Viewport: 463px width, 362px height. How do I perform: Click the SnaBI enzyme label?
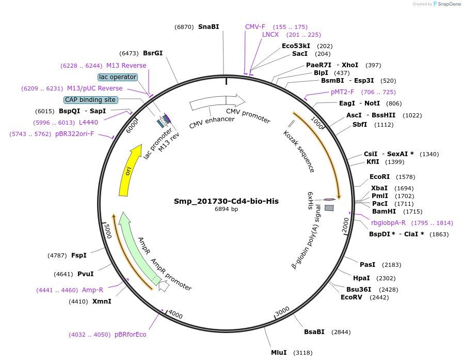[x=209, y=27]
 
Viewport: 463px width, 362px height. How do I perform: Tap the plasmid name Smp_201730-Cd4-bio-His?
[x=226, y=201]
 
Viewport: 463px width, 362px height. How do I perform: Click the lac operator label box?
[x=118, y=77]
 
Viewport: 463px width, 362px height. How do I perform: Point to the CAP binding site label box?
[x=90, y=100]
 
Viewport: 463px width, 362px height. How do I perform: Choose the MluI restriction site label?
[x=279, y=352]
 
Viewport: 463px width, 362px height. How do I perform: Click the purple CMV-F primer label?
[x=255, y=26]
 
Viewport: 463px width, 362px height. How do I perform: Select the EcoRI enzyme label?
[x=379, y=177]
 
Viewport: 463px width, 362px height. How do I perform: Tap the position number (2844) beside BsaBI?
[x=341, y=332]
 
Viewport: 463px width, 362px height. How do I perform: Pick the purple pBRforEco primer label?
[x=130, y=335]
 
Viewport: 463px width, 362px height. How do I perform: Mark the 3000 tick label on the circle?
[x=282, y=311]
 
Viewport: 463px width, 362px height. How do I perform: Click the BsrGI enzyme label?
[x=153, y=53]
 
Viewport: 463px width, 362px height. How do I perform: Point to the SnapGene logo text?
[x=449, y=4]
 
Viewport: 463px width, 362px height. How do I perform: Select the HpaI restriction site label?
[x=361, y=278]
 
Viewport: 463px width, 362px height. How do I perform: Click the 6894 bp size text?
[x=226, y=209]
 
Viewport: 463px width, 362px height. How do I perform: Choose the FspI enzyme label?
[x=78, y=255]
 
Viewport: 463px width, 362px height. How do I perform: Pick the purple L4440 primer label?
[x=88, y=122]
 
